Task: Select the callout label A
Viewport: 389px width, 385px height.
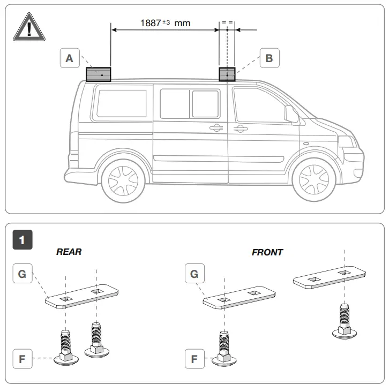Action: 69,58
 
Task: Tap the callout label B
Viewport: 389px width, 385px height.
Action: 269,58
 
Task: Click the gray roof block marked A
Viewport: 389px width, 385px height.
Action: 98,74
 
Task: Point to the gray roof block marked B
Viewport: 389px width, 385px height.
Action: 227,74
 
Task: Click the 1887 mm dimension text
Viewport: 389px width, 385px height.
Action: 165,23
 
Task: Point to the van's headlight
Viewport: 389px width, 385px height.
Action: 346,142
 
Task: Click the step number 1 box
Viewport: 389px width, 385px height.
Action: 22,239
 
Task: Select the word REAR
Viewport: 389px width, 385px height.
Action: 69,252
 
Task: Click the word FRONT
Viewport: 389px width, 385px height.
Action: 267,252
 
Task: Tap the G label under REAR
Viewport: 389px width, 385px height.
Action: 22,274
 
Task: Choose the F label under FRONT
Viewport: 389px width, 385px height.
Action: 194,359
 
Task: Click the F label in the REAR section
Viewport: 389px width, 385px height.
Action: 22,359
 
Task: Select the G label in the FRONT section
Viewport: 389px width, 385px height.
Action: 194,274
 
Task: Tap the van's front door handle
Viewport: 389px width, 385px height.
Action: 239,128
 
